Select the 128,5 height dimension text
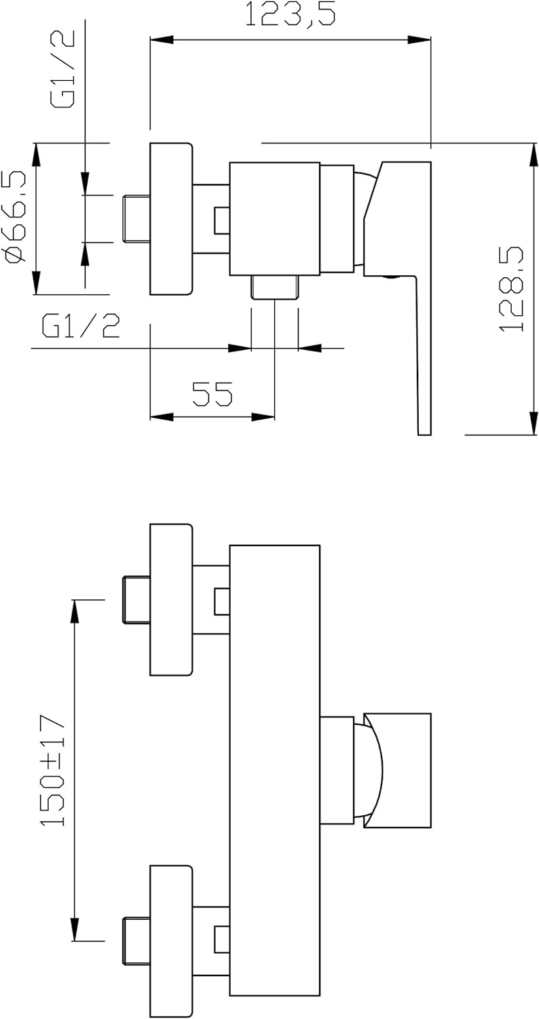click(x=513, y=288)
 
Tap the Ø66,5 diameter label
click(x=15, y=217)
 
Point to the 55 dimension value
click(x=212, y=394)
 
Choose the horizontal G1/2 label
click(x=81, y=327)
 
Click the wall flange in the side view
click(x=170, y=218)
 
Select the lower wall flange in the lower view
click(x=170, y=940)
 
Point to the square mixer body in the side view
click(x=274, y=218)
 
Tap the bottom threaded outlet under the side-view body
click(x=274, y=287)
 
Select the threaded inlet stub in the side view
click(x=136, y=218)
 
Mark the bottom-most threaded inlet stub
click(x=136, y=940)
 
